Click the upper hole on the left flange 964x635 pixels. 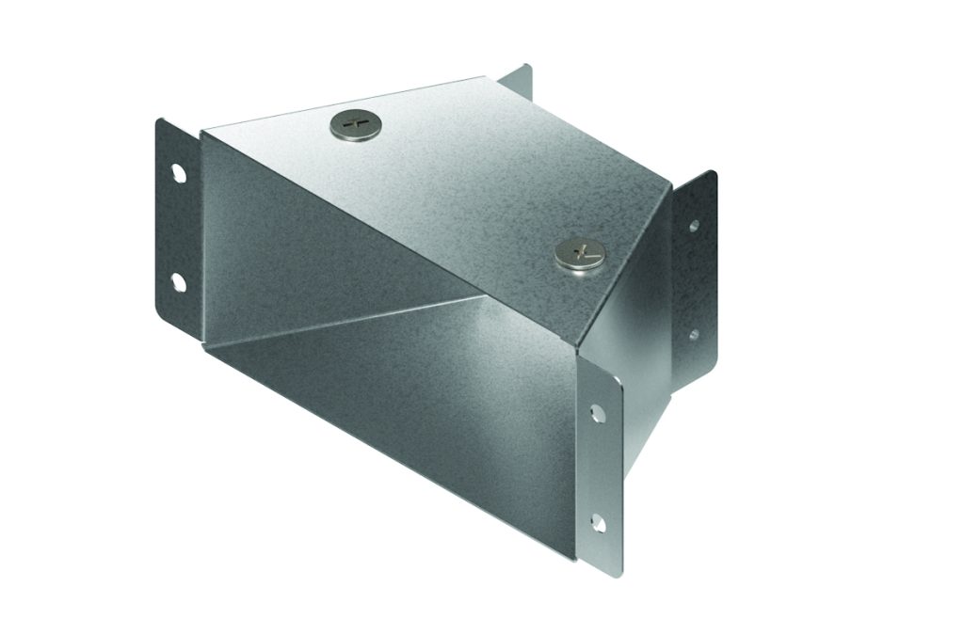tap(177, 174)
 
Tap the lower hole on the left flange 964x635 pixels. tap(177, 280)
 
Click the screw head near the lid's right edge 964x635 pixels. tap(576, 251)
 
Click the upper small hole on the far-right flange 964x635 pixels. tap(694, 226)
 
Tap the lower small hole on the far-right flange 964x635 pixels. tap(694, 333)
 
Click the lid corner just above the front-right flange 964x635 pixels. tap(580, 352)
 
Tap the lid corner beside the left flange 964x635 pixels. tap(205, 132)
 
